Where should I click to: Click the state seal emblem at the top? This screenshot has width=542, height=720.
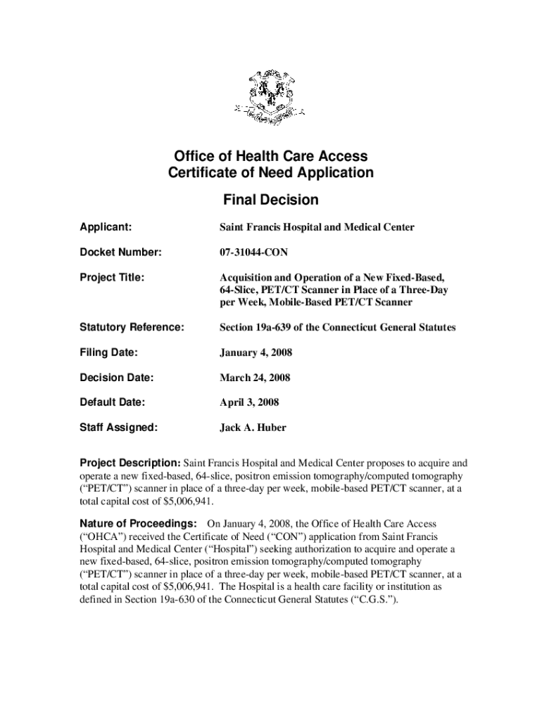[270, 98]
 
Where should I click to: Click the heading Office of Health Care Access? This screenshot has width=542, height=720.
[270, 156]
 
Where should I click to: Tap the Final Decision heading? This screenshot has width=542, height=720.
[270, 200]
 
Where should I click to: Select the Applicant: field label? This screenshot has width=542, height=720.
[106, 227]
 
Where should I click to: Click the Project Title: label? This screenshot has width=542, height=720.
[112, 278]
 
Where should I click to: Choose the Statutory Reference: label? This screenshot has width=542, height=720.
[132, 328]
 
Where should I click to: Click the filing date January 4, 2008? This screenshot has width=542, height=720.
[256, 352]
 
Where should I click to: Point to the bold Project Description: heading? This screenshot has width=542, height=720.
[130, 463]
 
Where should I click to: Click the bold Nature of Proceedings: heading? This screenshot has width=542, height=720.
[137, 524]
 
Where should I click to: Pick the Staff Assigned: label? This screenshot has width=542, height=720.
[118, 427]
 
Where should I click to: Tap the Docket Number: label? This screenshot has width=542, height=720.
[120, 252]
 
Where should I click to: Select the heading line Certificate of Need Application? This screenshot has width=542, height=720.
[270, 173]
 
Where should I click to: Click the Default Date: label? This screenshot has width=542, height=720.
[112, 402]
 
